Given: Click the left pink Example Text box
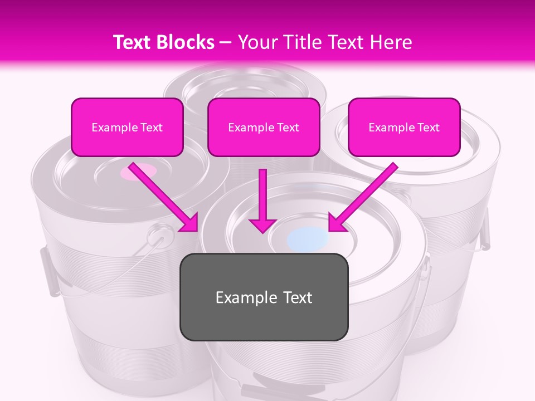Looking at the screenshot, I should coord(127,128).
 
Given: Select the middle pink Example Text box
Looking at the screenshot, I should coord(264,128).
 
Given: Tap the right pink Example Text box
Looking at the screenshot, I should coord(404,128).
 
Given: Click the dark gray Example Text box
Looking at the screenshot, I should coord(264,297).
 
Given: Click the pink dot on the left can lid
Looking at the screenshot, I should coord(138,172).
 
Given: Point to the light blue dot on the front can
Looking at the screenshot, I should coord(308,238).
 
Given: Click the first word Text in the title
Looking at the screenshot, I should coord(133,42).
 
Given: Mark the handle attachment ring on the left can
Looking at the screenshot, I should coord(159,236).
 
